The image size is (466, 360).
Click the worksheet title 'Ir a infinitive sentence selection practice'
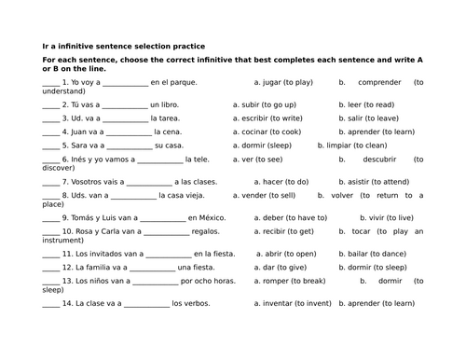124,46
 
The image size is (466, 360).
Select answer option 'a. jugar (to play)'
271,82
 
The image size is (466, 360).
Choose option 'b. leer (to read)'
366,104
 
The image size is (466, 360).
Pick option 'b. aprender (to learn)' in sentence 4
377,132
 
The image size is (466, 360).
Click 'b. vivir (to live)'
368,217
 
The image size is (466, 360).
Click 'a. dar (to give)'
258,267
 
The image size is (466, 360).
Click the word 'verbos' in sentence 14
197,303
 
